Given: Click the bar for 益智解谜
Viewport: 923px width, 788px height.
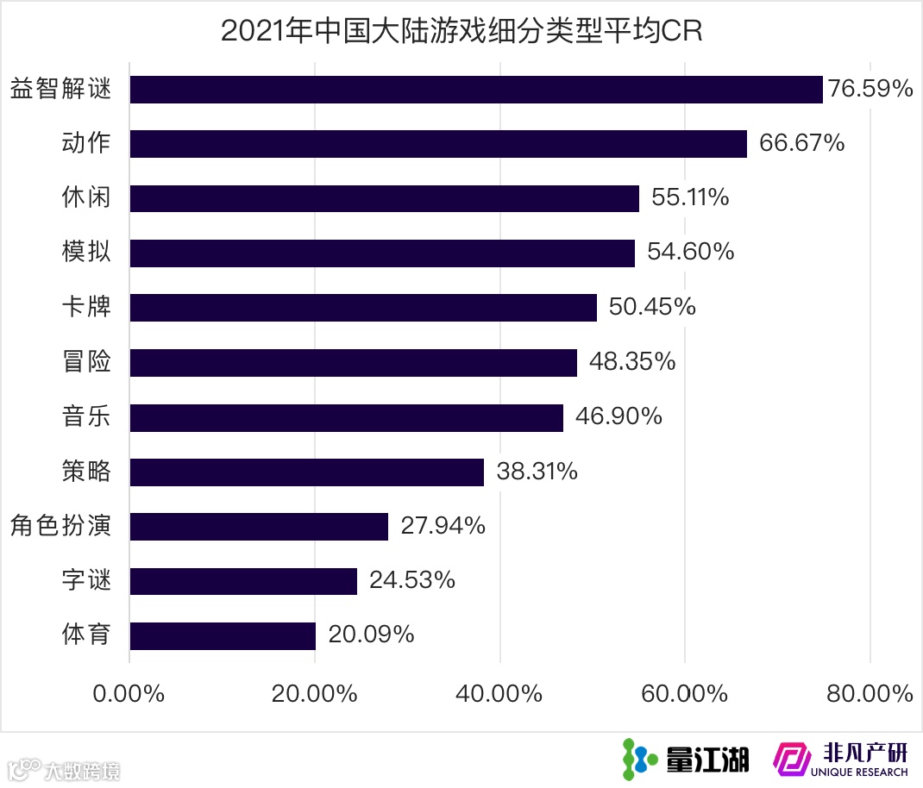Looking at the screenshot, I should [476, 90].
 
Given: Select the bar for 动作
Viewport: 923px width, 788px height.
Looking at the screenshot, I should [438, 144].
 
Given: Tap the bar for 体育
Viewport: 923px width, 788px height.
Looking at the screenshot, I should [223, 635].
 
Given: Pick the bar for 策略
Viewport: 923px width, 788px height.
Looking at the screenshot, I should [306, 472].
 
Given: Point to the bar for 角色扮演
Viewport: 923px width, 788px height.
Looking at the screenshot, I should [259, 526].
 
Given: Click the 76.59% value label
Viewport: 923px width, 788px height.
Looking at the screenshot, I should [870, 89].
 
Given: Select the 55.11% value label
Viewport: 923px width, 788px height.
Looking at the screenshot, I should [690, 197].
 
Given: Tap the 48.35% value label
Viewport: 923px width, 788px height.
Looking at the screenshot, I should [632, 362].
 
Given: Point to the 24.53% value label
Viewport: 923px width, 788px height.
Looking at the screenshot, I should [412, 580].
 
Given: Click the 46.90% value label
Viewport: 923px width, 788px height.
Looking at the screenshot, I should [619, 416].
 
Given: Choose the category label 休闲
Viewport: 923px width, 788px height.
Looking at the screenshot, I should [86, 197].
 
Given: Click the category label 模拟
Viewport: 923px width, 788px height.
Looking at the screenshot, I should [86, 252].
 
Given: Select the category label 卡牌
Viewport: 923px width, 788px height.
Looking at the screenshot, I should [86, 307].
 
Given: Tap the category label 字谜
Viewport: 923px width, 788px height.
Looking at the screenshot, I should [86, 580].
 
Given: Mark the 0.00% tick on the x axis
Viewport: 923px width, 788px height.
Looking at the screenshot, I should [129, 694].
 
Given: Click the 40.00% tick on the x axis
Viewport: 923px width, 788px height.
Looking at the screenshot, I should [499, 694].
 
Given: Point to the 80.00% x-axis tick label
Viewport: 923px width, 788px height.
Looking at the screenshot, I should [870, 694].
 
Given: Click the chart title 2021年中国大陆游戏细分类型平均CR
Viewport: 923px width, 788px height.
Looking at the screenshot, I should [461, 30].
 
